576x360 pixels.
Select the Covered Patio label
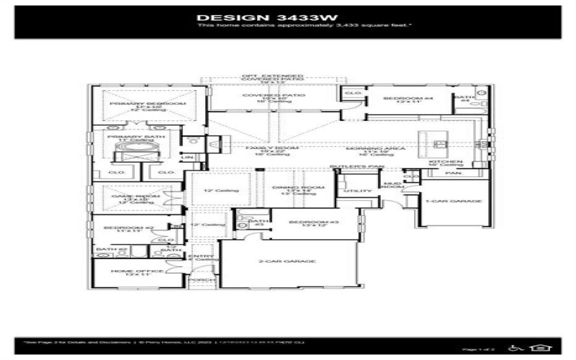(x=273, y=95)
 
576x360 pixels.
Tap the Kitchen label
(x=445, y=162)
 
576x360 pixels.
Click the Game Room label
(x=131, y=197)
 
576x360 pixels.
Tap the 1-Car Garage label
(x=453, y=201)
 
